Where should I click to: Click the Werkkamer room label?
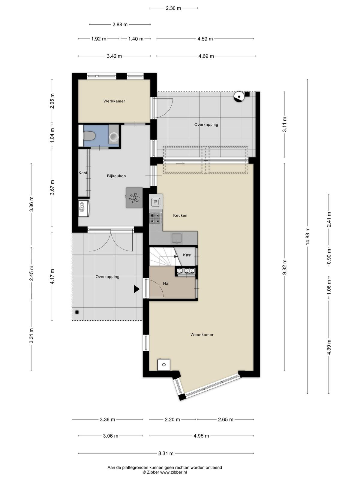[114, 101]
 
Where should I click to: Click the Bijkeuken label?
[116, 176]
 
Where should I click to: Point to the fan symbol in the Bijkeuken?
[134, 198]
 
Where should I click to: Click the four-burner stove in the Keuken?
[156, 218]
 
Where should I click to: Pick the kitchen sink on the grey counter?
[176, 238]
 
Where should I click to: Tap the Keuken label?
[180, 215]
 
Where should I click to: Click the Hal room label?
[166, 283]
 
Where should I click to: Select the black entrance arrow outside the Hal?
[136, 289]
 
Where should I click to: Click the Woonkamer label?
[202, 334]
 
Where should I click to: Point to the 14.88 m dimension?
[307, 236]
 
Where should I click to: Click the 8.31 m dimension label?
[166, 453]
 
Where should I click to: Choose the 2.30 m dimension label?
[173, 8]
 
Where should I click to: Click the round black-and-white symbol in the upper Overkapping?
[239, 97]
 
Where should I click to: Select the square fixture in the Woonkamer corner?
[164, 364]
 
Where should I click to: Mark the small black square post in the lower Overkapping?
[77, 312]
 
